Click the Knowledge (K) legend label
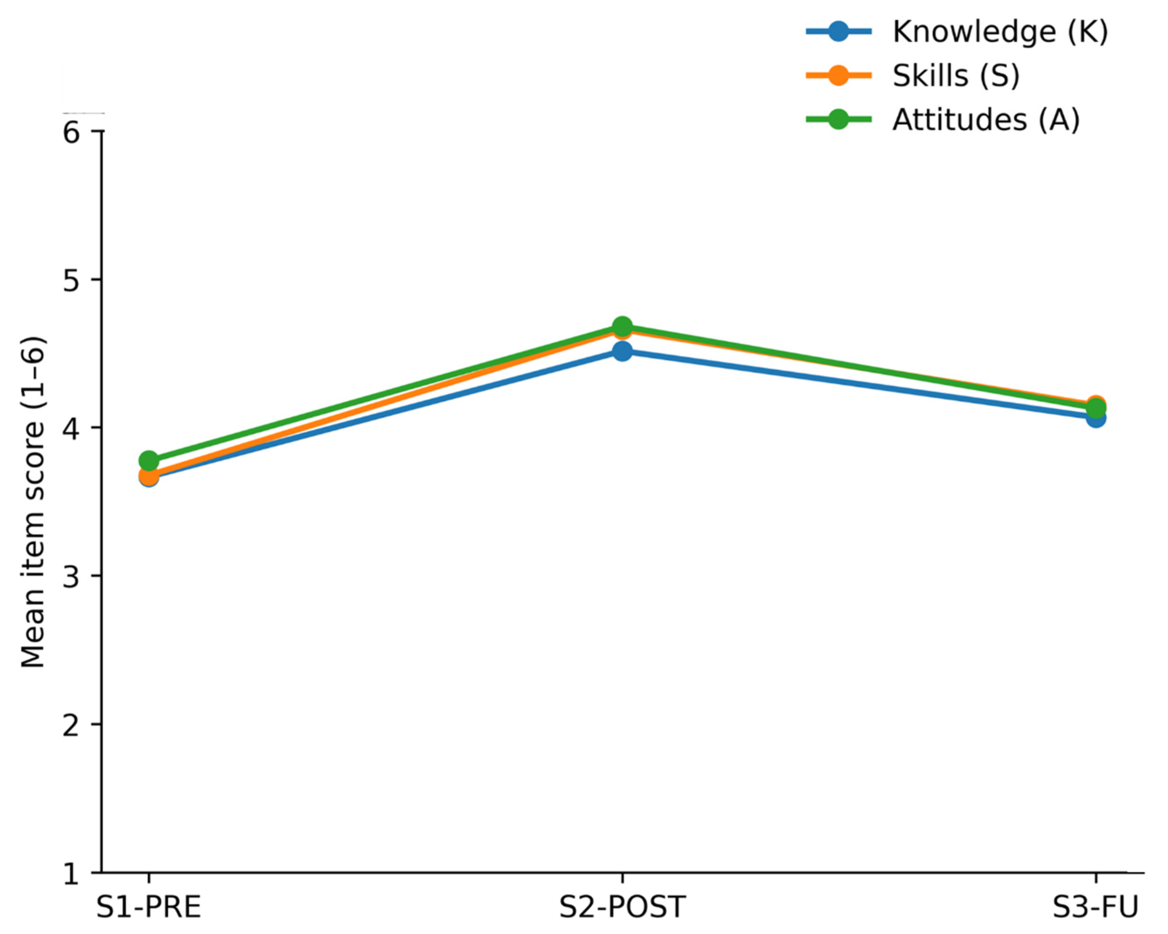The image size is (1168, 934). point(1000,32)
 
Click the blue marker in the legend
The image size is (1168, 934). point(838,32)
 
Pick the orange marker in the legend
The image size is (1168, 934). point(838,76)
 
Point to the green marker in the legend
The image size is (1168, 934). point(838,120)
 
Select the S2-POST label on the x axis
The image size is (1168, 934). point(622,907)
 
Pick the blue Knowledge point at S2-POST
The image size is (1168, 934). point(622,352)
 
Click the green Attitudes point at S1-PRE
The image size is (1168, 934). point(149,461)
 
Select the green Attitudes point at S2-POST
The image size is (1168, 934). point(622,326)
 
